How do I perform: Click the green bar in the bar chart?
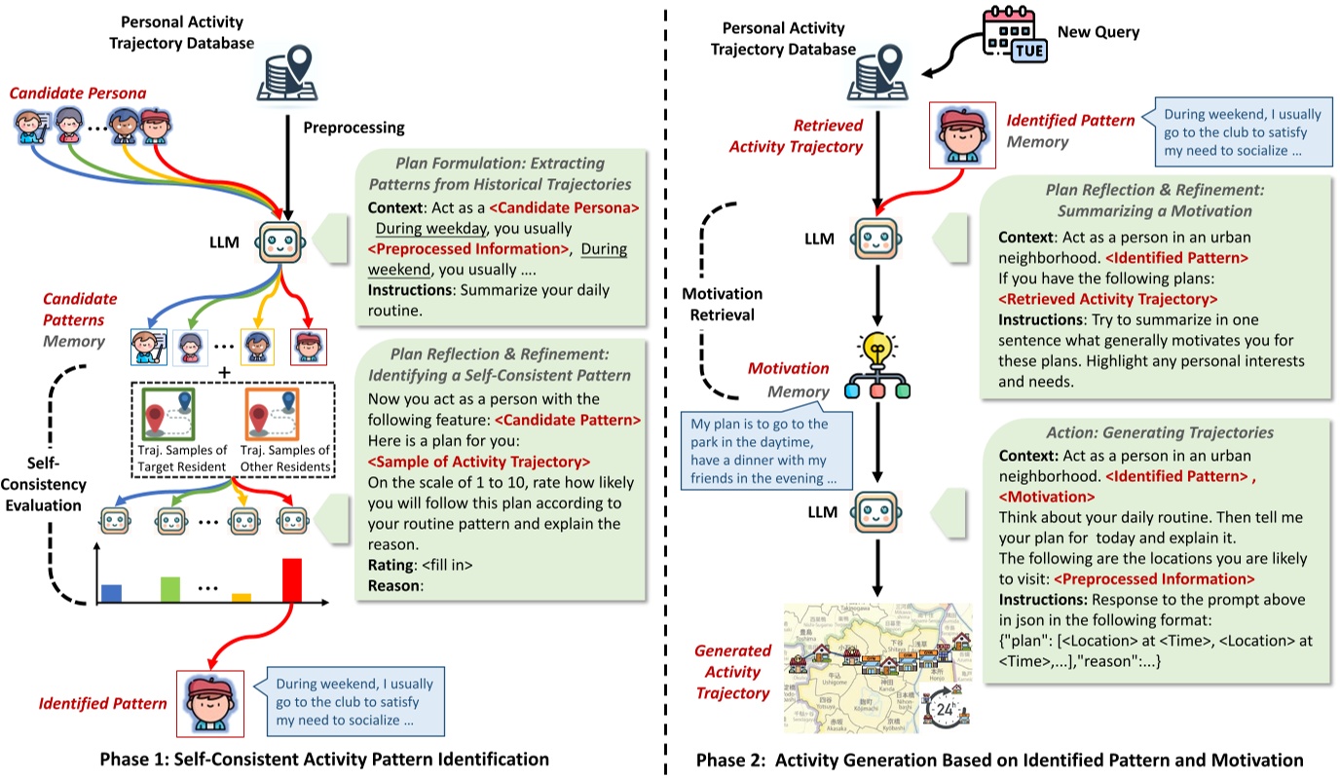click(170, 588)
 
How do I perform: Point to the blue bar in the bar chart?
click(112, 592)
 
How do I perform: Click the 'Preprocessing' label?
click(354, 128)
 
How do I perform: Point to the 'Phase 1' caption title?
click(329, 760)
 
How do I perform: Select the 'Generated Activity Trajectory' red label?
click(732, 672)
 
